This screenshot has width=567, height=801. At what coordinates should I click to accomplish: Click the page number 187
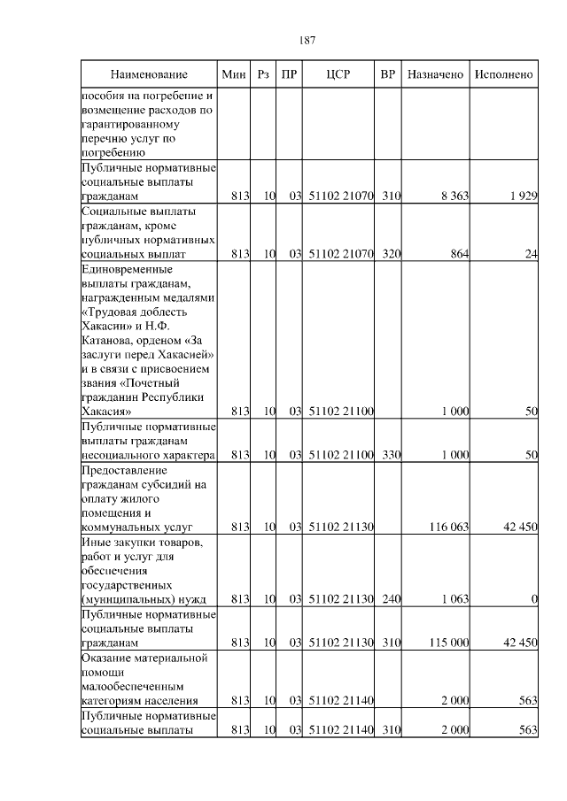(x=307, y=41)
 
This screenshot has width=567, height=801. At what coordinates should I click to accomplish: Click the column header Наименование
(x=149, y=75)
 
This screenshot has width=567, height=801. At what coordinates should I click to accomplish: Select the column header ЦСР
(x=338, y=75)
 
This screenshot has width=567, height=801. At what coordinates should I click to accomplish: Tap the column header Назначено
(x=435, y=75)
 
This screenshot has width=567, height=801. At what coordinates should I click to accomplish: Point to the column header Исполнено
(x=503, y=75)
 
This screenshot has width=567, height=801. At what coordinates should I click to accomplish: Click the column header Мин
(x=234, y=75)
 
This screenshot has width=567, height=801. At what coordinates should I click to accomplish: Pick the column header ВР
(x=387, y=75)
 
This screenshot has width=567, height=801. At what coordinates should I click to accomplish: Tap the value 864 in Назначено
(x=457, y=254)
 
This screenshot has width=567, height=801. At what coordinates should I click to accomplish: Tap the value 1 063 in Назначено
(x=454, y=599)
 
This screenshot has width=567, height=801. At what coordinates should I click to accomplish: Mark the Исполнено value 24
(x=531, y=254)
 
